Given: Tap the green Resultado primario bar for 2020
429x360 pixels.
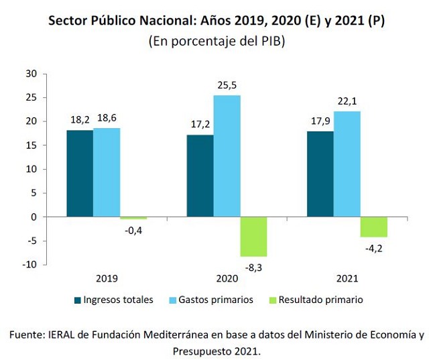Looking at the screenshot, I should pos(253,237).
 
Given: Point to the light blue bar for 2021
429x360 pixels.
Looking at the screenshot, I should pos(347,164).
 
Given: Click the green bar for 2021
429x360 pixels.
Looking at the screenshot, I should pos(373,227).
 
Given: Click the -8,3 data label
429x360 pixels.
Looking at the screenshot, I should pos(253,267).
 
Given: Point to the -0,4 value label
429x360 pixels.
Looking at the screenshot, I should pos(133,230).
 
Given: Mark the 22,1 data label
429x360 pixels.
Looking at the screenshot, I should pos(347,101).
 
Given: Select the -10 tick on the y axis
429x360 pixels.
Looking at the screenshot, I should pos(28,264).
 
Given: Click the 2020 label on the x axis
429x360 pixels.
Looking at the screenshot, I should pos(227,278).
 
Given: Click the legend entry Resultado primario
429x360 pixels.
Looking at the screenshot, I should pos(319,300).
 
